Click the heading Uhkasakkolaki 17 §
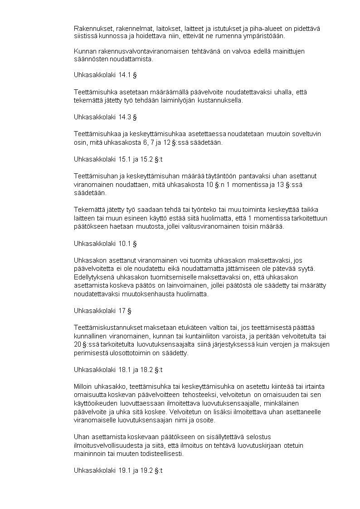click(102, 311)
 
